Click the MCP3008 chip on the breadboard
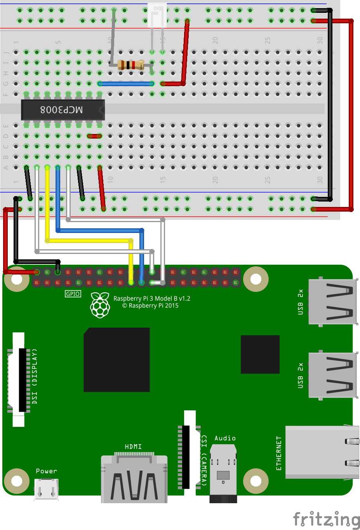coord(63,110)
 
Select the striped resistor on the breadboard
coord(131,65)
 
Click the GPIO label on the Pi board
coord(73,294)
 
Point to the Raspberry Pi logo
coord(100,305)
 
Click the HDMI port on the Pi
coord(134,480)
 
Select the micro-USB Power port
coord(46,489)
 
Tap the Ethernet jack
coord(321,452)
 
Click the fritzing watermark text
coord(326,519)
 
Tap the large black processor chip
coord(117,360)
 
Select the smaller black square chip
coord(260,354)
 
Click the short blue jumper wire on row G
coord(126,83)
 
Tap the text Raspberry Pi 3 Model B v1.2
coord(152,298)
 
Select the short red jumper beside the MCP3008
coord(94,136)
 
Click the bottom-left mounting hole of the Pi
coord(17,481)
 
